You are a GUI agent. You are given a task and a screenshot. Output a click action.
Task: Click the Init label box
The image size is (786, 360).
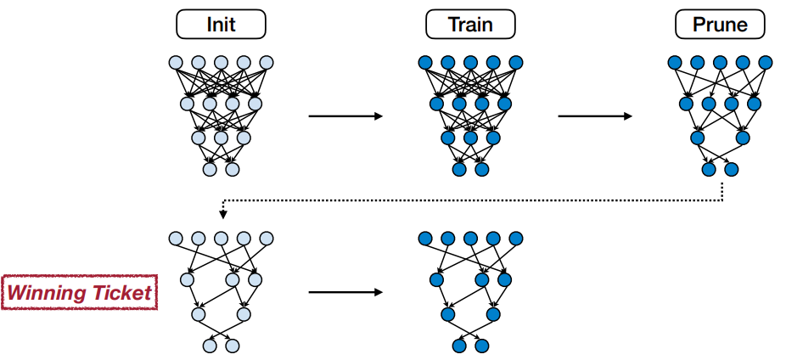pyautogui.click(x=221, y=25)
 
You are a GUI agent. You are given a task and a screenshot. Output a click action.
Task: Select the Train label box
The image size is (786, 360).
pyautogui.click(x=470, y=25)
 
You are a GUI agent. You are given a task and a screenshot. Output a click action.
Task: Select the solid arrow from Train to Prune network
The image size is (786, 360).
pyautogui.click(x=595, y=115)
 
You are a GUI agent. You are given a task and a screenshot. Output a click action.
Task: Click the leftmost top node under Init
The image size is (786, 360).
pyautogui.click(x=175, y=63)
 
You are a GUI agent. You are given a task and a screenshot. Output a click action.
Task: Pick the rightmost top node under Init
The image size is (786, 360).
pyautogui.click(x=267, y=63)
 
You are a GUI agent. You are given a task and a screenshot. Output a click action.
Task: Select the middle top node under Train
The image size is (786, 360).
pyautogui.click(x=470, y=63)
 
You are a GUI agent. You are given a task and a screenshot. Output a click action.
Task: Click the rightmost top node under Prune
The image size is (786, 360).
pyautogui.click(x=766, y=63)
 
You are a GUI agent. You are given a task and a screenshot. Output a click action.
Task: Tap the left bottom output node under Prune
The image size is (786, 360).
pyautogui.click(x=709, y=169)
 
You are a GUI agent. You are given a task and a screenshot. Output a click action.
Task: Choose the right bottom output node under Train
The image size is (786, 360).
pyautogui.click(x=482, y=169)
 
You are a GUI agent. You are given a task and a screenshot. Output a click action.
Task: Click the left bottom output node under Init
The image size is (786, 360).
pyautogui.click(x=210, y=169)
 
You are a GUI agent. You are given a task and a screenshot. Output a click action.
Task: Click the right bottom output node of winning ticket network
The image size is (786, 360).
pyautogui.click(x=233, y=346)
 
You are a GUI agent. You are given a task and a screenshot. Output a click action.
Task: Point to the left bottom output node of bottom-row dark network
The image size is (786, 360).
pyautogui.click(x=459, y=346)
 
